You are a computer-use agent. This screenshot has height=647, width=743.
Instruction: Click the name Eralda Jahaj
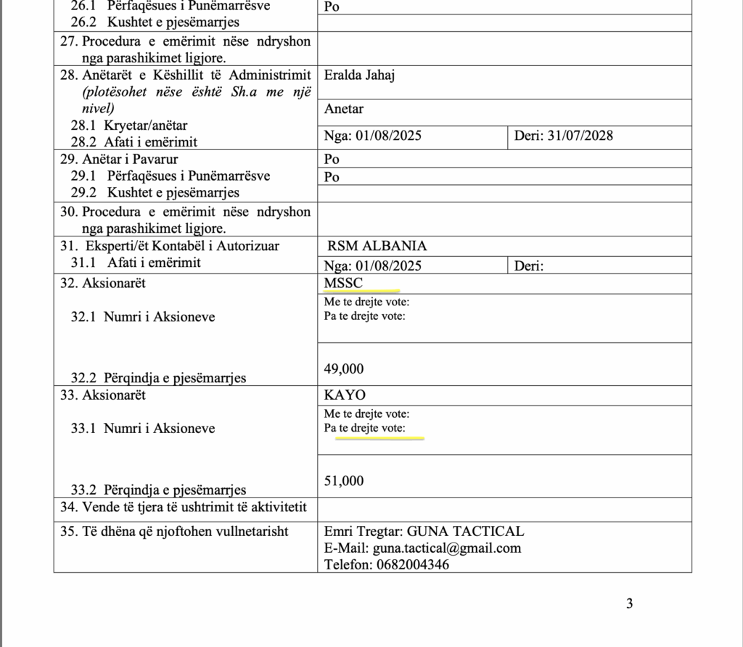coord(359,75)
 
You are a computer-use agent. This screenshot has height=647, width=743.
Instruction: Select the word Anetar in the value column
coord(344,109)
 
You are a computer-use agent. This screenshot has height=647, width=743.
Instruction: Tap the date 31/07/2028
coord(580,136)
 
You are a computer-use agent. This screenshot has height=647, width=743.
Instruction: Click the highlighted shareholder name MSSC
coord(343,283)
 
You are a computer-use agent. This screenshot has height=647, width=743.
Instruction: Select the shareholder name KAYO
coord(345,395)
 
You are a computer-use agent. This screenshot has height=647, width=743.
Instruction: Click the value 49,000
coord(344,368)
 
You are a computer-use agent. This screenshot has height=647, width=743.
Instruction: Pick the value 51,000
coord(344,481)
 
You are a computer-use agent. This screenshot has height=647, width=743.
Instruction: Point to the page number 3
coord(630,603)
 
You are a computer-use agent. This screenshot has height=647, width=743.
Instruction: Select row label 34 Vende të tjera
coord(184,506)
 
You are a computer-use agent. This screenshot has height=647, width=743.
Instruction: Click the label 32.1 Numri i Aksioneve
coord(142,316)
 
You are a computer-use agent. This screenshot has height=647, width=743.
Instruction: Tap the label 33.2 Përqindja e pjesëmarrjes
coord(157,490)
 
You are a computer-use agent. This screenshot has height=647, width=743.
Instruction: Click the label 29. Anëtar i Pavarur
coord(119,159)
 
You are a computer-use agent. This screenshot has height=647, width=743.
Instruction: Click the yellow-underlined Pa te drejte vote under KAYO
coord(364,428)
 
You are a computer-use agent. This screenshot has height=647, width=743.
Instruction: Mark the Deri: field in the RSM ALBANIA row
coord(529,266)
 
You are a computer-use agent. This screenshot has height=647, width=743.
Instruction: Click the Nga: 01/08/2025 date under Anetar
coord(373,136)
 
